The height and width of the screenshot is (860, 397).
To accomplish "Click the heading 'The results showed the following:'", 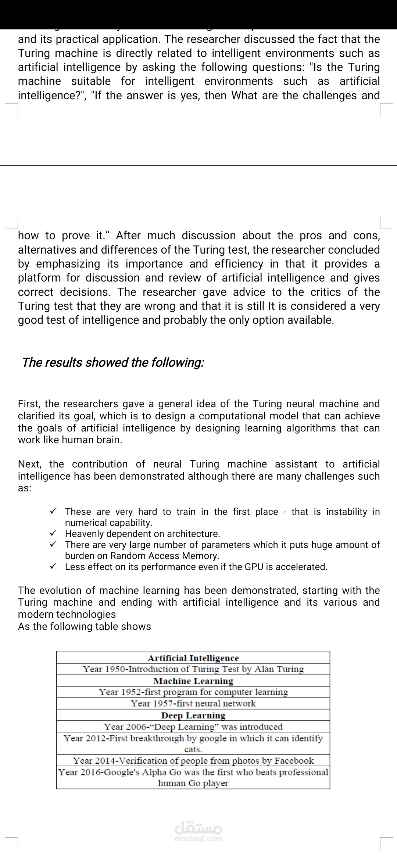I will click(x=113, y=362).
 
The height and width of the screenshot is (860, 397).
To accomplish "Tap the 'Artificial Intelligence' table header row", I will click(x=193, y=658).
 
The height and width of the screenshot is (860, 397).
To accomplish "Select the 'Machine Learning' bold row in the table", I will click(x=193, y=681).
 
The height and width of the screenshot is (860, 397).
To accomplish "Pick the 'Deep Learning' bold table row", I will click(x=193, y=715).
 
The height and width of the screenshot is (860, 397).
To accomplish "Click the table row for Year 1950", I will click(x=193, y=669).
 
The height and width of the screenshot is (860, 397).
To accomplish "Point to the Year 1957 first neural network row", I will click(x=193, y=703).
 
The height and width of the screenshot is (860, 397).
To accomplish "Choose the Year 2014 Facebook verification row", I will click(x=193, y=760).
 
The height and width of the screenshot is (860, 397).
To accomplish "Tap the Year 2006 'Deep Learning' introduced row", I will click(x=193, y=727).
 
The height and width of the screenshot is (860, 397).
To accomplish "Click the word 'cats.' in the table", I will click(x=193, y=749).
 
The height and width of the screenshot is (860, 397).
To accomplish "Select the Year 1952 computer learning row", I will click(x=193, y=692).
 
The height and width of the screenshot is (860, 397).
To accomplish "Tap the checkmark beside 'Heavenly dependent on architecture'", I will click(x=53, y=533).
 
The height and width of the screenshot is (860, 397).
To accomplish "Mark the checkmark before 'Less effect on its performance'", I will click(x=53, y=566).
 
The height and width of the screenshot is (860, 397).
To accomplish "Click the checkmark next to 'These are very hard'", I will click(x=53, y=511).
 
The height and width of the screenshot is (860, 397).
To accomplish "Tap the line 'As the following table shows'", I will click(x=85, y=626).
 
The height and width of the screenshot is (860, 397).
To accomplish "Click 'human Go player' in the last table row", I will click(x=193, y=783).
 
